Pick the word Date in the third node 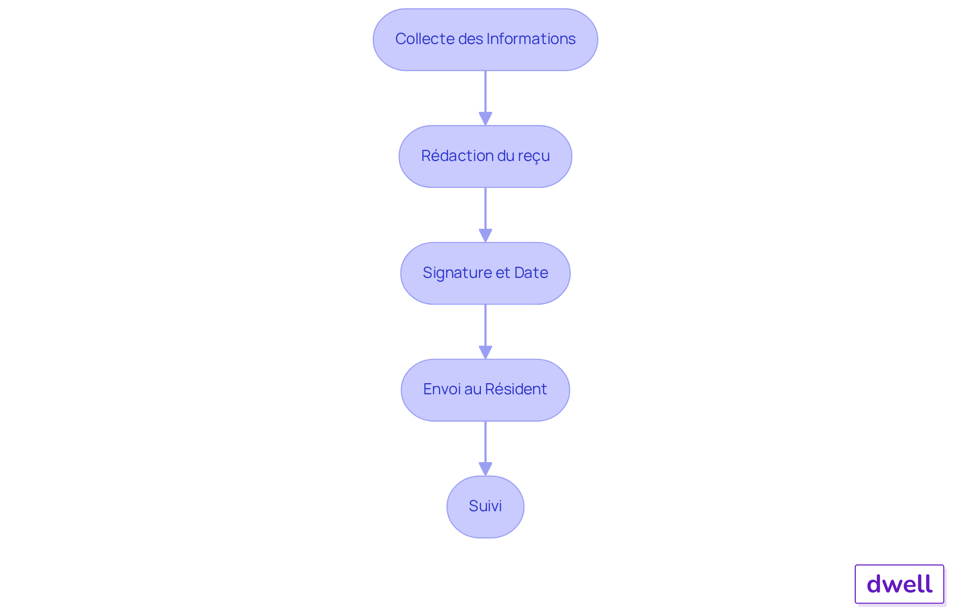[531, 273]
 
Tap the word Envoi [442, 389]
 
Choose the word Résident [516, 389]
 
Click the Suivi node [485, 507]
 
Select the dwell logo [899, 584]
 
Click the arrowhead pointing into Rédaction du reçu [485, 118]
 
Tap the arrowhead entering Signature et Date [485, 235]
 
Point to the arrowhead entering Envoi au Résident [485, 352]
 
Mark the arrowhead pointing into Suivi [485, 469]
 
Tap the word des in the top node [470, 39]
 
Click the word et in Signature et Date [503, 273]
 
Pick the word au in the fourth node [472, 389]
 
